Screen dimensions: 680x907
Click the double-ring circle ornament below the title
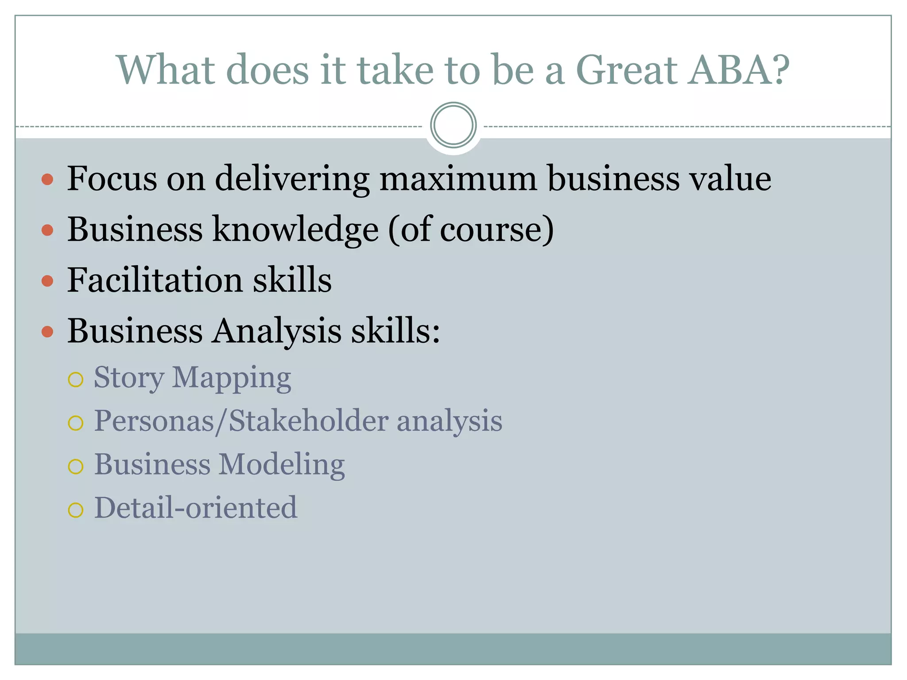click(x=453, y=125)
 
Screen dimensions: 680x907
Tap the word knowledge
click(x=295, y=230)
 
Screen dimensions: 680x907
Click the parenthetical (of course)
click(x=471, y=230)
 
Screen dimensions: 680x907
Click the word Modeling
click(x=282, y=464)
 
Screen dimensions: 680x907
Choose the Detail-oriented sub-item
click(x=195, y=508)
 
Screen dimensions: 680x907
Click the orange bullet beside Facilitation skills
click(x=47, y=281)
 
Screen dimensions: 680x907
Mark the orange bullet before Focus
click(x=47, y=179)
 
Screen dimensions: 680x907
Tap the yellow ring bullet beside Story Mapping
click(x=76, y=379)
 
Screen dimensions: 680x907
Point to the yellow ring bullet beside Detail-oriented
click(x=76, y=510)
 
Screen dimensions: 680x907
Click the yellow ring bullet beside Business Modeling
click(x=76, y=467)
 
